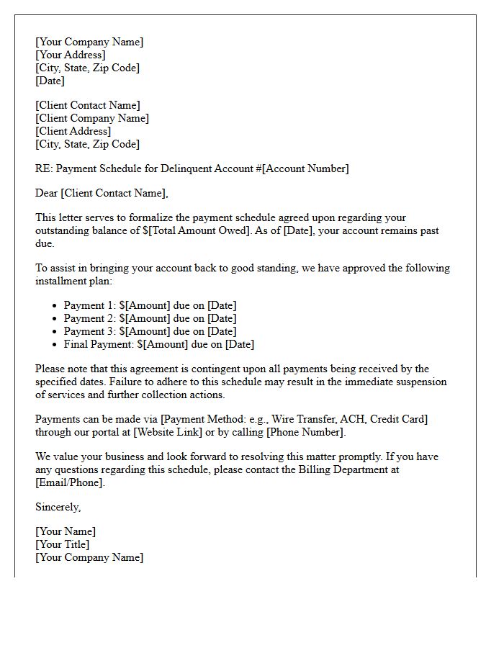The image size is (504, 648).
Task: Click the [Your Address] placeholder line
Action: [x=71, y=55]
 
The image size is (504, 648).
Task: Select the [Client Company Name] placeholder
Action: [x=92, y=118]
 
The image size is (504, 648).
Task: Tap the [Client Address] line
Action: [x=73, y=131]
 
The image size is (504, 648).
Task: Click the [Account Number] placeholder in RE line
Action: [x=306, y=168]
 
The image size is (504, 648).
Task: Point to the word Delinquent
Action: [x=181, y=168]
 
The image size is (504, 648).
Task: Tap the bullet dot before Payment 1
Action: [x=55, y=306]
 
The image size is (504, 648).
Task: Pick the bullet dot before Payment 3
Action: [x=55, y=332]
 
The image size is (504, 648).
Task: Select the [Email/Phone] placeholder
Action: [x=70, y=482]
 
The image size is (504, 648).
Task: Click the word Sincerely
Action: [x=58, y=507]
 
